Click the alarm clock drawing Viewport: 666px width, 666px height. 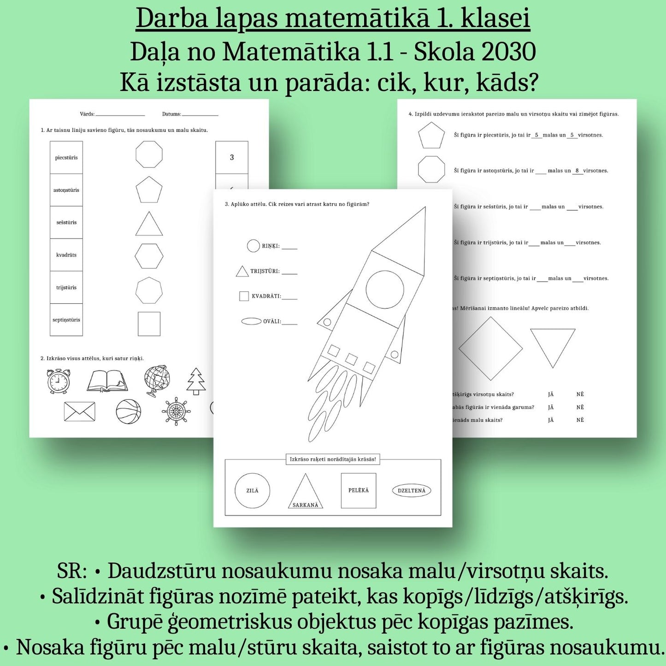click(x=59, y=381)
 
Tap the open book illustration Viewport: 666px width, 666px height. click(x=107, y=381)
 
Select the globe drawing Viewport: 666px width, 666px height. click(x=157, y=381)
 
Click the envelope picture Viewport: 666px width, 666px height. click(x=80, y=412)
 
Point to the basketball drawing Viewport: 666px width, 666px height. click(x=128, y=412)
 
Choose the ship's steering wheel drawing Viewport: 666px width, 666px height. click(x=177, y=411)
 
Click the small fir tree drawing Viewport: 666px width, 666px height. click(x=196, y=381)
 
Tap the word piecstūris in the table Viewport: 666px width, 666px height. click(x=66, y=158)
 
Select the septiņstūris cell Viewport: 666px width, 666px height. click(x=66, y=320)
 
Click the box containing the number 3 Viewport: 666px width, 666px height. click(x=232, y=158)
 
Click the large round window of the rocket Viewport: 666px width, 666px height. click(x=385, y=289)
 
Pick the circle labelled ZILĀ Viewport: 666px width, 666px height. click(x=253, y=490)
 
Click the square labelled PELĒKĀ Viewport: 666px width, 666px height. click(x=359, y=490)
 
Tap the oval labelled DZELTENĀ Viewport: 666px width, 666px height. click(x=412, y=491)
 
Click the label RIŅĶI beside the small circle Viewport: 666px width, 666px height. click(x=271, y=246)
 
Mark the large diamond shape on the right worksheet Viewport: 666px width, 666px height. click(x=491, y=348)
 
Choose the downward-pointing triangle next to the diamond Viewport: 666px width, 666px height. click(x=553, y=344)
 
